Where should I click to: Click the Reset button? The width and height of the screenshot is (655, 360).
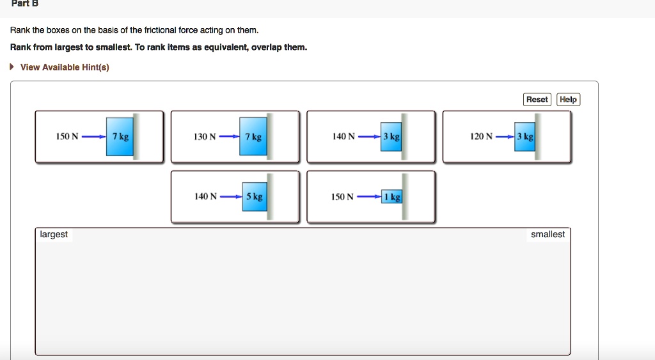click(x=537, y=99)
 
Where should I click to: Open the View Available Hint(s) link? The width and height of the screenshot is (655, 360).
click(x=65, y=67)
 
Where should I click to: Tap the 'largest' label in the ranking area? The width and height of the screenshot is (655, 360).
click(x=54, y=235)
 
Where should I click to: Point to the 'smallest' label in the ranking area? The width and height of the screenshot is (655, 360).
click(x=548, y=235)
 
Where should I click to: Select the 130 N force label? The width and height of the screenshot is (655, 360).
click(x=205, y=137)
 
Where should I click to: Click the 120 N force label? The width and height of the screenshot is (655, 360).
click(x=481, y=137)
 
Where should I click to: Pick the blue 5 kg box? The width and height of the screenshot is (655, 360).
click(x=253, y=197)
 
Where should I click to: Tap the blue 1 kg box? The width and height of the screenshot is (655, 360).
click(x=391, y=197)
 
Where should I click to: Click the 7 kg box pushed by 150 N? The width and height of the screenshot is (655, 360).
click(x=120, y=137)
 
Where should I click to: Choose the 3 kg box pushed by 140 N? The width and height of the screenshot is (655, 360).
click(x=391, y=137)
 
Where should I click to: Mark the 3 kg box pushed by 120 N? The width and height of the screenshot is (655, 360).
click(x=525, y=137)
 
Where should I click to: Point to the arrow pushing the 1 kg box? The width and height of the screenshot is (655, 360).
click(x=369, y=197)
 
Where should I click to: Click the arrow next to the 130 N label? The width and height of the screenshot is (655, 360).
click(x=229, y=137)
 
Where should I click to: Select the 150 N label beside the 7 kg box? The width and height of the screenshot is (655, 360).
click(x=67, y=137)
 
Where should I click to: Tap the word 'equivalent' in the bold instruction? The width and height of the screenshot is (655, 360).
click(x=226, y=47)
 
